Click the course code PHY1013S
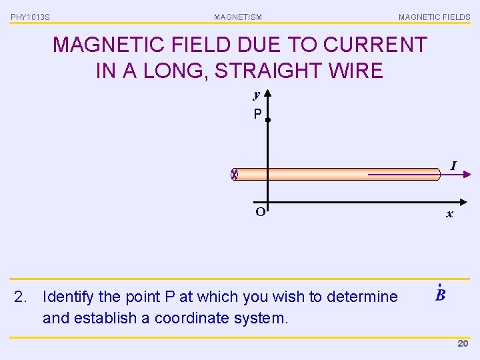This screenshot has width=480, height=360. (x=30, y=17)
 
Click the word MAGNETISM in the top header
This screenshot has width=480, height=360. (x=238, y=17)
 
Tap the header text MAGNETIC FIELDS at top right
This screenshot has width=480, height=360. (x=434, y=17)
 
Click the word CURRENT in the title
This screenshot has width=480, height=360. (x=375, y=45)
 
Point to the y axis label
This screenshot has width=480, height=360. (x=256, y=94)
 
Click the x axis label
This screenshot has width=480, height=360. (x=450, y=213)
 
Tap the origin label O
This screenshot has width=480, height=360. (x=260, y=212)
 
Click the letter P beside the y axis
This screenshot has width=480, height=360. (x=257, y=114)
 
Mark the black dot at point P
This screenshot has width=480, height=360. (x=267, y=120)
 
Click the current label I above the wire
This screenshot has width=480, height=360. (x=453, y=165)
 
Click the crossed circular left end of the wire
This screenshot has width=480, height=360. (x=234, y=175)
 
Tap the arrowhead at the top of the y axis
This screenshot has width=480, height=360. (x=267, y=94)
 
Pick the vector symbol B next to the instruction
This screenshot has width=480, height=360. (x=440, y=294)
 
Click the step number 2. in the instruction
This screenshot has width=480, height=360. (x=21, y=297)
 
